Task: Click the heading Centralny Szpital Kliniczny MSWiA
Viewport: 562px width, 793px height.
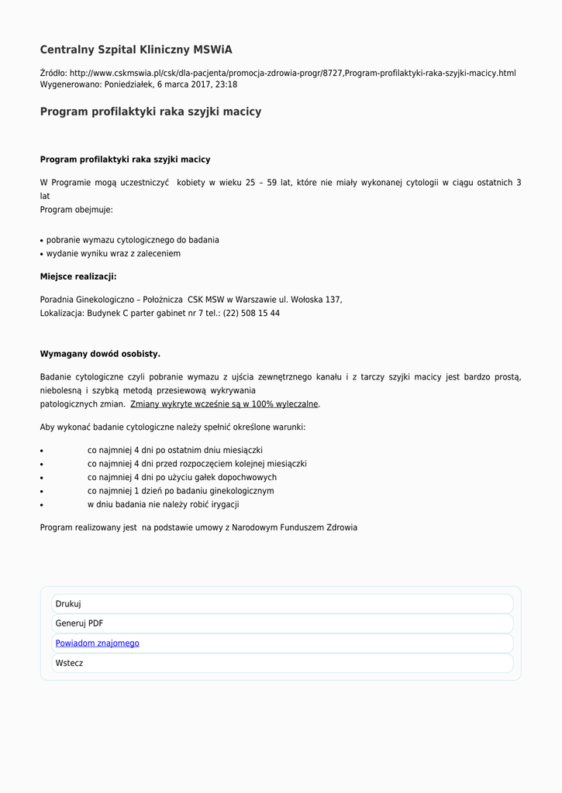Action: coord(136,50)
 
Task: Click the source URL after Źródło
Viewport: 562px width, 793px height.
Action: coord(292,73)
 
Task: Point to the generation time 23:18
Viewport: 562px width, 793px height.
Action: coord(226,84)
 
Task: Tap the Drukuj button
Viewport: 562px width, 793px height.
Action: coord(68,604)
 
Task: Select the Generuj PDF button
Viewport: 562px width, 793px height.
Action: coord(79,623)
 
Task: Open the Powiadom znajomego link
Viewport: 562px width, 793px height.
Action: coord(98,644)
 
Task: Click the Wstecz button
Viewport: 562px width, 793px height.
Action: coord(69,664)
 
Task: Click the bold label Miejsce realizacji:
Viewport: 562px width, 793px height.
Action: coord(78,276)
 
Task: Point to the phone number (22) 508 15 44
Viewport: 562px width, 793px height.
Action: coord(251,314)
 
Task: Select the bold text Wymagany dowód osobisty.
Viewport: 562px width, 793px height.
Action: coord(100,354)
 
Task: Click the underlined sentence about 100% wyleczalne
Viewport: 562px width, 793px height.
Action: coord(225,404)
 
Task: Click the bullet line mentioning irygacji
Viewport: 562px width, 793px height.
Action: coord(163,505)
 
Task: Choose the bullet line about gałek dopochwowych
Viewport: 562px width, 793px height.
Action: coord(181,478)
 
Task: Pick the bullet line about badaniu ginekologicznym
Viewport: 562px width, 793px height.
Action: coord(180,491)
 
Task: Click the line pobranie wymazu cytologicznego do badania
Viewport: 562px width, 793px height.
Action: coord(133,240)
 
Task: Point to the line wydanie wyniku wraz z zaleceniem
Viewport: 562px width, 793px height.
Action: coord(113,254)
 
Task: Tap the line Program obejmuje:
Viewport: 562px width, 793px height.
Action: coord(77,210)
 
